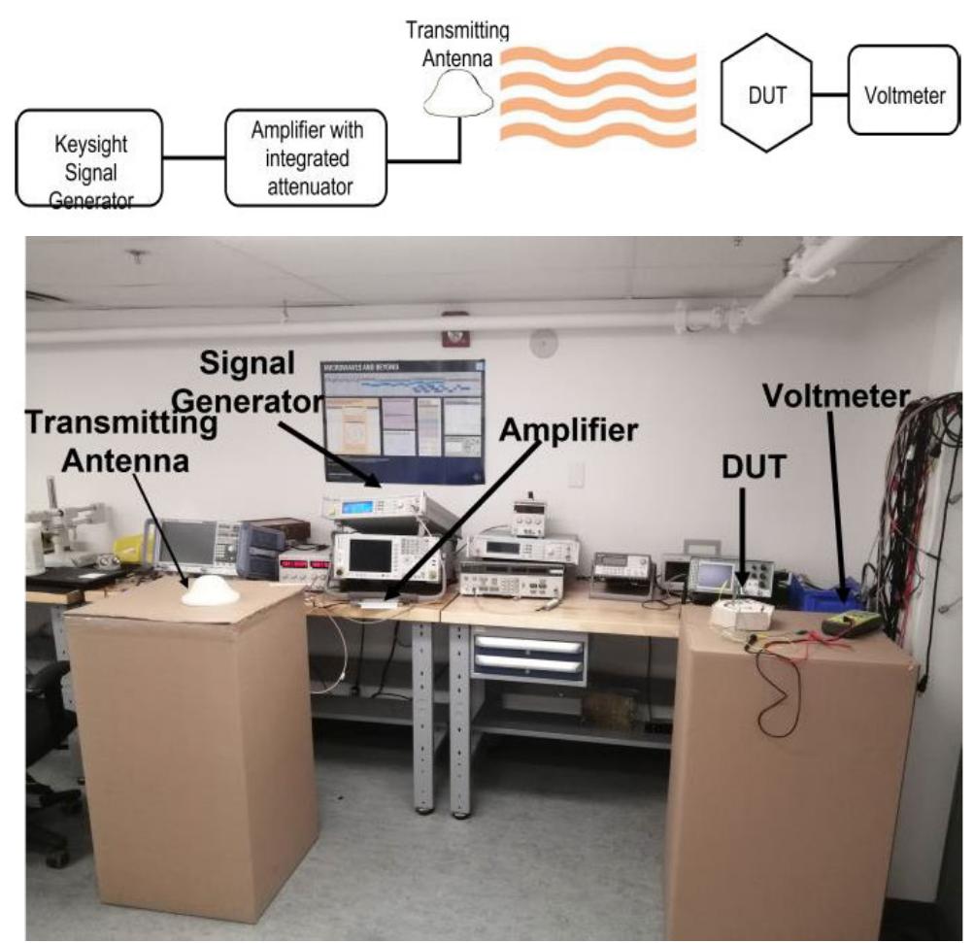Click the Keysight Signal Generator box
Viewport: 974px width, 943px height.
pos(87,159)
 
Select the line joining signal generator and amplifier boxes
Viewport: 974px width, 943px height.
pos(193,156)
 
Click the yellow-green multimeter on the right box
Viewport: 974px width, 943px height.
pos(851,623)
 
